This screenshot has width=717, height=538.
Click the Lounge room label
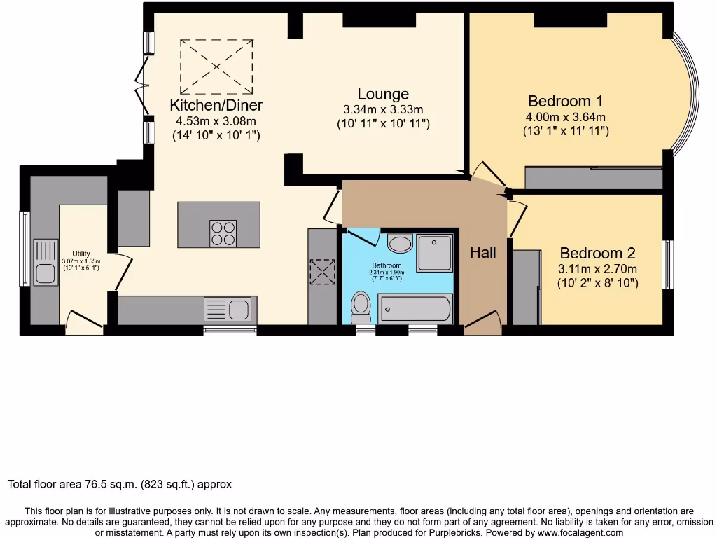click(x=383, y=95)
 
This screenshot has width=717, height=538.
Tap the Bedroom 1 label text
click(x=565, y=101)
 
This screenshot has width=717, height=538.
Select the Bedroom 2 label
click(x=597, y=253)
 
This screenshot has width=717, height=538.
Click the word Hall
click(x=483, y=252)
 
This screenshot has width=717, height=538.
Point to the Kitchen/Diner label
click(x=216, y=106)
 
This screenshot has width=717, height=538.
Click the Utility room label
click(x=81, y=254)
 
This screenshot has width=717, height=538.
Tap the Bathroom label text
click(x=387, y=265)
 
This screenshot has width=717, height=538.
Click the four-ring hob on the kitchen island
click(x=223, y=233)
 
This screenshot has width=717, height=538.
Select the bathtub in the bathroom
click(x=414, y=309)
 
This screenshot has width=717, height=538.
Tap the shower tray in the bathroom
click(x=435, y=253)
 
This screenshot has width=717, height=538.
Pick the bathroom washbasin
click(x=400, y=244)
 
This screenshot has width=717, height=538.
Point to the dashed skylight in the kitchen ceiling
click(x=216, y=67)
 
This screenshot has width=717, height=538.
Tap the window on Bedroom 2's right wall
click(x=667, y=265)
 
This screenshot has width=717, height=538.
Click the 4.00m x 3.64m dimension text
click(x=566, y=117)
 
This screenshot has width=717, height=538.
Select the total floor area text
click(x=120, y=484)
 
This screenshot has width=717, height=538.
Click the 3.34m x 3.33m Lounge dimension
click(x=383, y=110)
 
